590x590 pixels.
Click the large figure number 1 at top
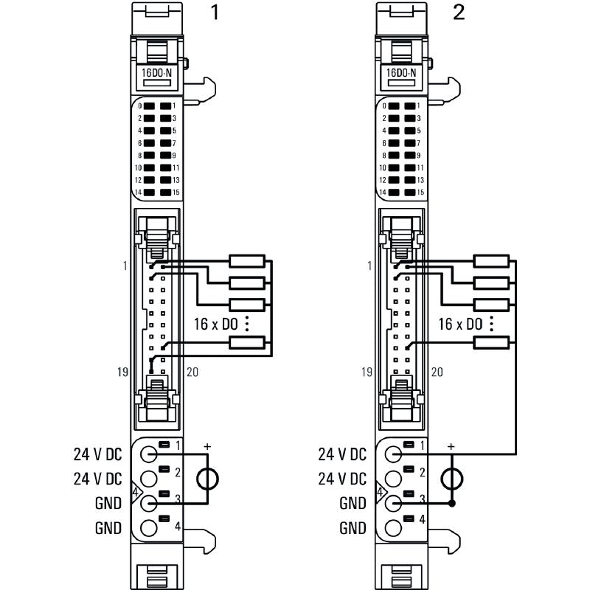215,14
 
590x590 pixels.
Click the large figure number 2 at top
459,14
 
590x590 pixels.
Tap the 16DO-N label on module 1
156,73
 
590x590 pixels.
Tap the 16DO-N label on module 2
401,73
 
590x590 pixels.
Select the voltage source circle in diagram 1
207,479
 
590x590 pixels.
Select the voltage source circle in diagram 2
452,479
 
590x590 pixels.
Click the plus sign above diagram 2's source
451,447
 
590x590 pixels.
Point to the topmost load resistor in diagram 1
246,260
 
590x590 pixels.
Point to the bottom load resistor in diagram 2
490,341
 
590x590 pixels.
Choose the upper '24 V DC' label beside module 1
97,454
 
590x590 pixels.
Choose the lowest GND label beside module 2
353,528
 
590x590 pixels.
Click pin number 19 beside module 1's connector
122,372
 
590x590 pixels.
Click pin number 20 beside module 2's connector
437,372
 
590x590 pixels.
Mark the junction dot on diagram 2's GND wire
452,503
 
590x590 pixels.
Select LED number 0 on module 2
394,105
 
